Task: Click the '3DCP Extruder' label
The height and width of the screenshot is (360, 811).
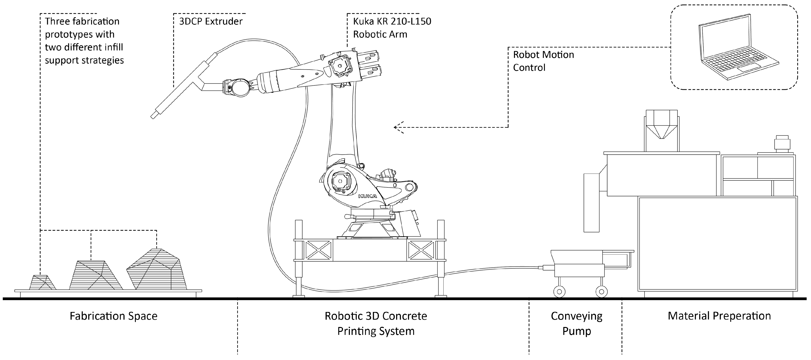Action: (211, 21)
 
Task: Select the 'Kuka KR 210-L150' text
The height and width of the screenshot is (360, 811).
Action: (392, 21)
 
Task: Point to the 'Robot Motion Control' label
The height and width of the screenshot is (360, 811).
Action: (543, 61)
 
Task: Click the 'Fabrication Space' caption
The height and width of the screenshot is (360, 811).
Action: (113, 316)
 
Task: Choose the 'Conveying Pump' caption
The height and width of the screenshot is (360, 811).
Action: (577, 323)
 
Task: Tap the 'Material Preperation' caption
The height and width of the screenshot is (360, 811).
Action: (719, 316)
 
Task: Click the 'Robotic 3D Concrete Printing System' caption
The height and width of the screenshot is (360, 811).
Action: (376, 323)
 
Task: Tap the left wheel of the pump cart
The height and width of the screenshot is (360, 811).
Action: (559, 291)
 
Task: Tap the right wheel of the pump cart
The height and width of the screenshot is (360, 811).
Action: (601, 291)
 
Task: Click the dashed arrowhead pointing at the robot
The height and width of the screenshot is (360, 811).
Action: (398, 128)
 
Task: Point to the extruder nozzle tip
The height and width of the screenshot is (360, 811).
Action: (153, 116)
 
